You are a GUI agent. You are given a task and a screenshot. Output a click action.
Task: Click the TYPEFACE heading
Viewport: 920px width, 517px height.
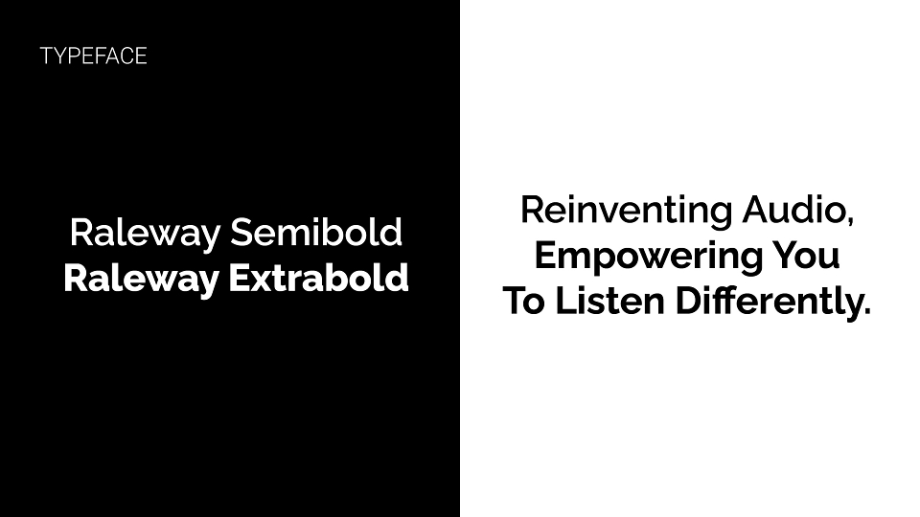93,56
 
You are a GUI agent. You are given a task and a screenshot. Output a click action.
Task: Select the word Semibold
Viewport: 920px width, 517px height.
315,232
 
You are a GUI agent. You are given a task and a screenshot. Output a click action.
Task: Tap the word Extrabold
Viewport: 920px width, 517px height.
318,278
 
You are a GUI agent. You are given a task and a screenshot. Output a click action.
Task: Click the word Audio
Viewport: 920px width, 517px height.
793,210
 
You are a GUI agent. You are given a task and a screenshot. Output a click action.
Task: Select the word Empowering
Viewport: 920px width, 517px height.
649,258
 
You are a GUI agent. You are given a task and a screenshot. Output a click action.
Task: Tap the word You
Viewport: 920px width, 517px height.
805,255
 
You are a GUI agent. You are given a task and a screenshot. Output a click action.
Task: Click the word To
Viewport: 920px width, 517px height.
524,301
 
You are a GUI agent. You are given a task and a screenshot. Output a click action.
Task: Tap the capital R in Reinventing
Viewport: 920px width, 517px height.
534,210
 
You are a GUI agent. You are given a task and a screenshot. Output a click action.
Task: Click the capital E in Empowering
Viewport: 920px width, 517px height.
546,255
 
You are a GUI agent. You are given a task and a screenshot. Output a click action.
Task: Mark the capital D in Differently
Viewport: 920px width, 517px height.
689,301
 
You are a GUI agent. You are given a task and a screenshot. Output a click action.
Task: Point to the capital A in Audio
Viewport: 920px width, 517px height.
757,210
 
